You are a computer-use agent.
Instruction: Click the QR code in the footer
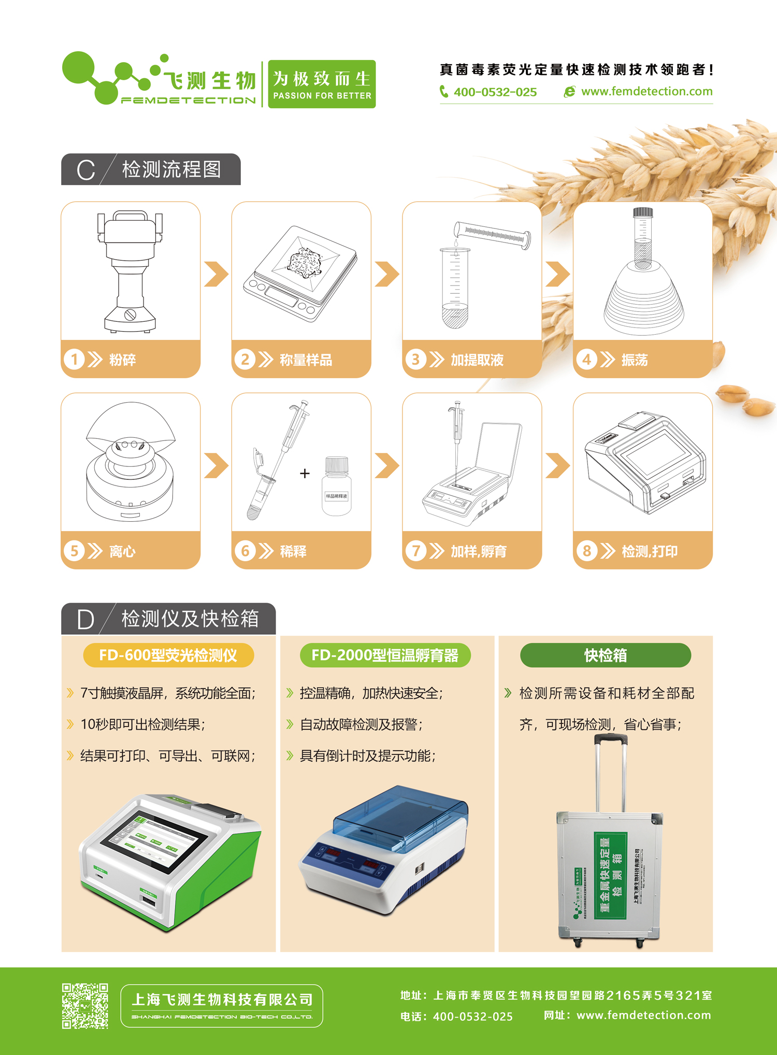pos(85,1006)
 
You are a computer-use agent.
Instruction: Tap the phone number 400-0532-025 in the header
pos(495,92)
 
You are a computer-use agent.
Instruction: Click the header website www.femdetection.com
pos(646,92)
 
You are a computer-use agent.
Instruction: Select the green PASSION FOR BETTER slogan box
pos(322,84)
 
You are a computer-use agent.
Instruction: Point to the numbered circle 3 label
pos(415,359)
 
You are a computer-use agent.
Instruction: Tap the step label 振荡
pos(635,360)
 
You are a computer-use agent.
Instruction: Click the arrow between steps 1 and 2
pos(216,274)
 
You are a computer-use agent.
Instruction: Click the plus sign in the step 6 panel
pos(305,473)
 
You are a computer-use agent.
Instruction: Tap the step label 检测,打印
pos(650,551)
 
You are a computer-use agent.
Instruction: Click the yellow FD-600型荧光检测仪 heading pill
pos(168,655)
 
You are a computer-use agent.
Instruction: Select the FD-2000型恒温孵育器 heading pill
pos(385,655)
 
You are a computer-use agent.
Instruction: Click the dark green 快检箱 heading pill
pos(605,655)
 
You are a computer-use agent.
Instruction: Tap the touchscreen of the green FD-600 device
pos(155,840)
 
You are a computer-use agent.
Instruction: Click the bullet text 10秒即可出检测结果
pos(142,724)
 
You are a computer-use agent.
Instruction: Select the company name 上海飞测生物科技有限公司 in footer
pos(222,1000)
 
